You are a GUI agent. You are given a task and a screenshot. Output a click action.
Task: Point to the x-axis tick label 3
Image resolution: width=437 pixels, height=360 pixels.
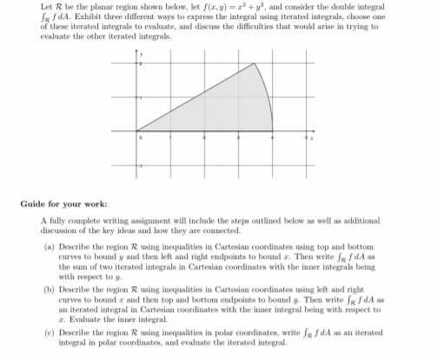coord(238,138)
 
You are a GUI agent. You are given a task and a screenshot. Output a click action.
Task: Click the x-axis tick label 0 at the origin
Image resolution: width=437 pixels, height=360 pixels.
coord(139,138)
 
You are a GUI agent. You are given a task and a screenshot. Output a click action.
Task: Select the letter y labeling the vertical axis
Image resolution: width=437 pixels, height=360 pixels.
coord(140,50)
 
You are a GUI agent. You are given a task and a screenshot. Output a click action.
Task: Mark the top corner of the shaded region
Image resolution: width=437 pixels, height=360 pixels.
coord(253,63)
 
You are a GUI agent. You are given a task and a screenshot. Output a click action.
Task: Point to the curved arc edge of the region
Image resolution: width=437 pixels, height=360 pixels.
coord(268,96)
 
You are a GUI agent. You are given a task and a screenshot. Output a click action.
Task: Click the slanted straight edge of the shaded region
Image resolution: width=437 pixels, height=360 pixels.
coord(195,97)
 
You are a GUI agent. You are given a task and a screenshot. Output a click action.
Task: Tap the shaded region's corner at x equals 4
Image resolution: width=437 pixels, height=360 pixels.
coord(272,131)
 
